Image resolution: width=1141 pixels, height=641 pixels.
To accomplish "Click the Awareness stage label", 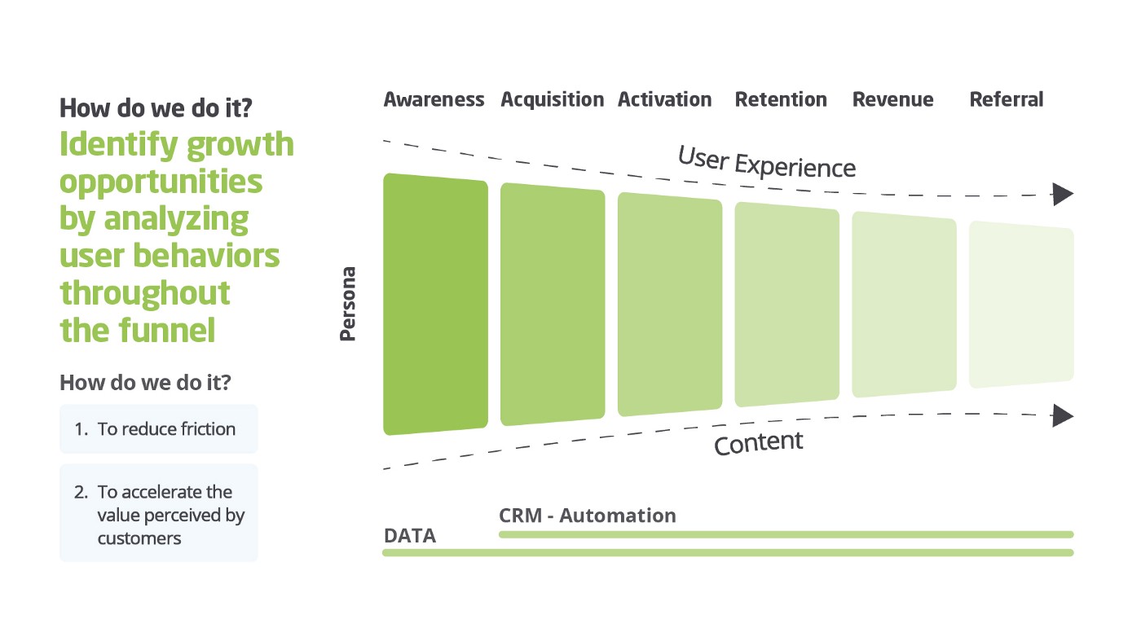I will pos(434,100).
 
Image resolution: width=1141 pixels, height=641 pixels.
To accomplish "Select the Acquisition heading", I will pos(552,100).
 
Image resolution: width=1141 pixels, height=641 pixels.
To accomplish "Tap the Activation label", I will pos(664,100).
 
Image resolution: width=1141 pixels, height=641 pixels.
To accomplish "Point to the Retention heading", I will pos(781,100).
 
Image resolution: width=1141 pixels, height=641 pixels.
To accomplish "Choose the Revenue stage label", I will pos(892,100).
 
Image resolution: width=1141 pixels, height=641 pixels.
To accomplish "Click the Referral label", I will pos(1006,100).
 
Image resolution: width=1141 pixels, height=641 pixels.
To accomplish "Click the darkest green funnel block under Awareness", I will pos(435,305).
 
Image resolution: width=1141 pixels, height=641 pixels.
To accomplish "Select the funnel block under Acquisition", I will pos(553,305).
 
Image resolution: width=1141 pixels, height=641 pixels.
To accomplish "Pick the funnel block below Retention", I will pos(786,305).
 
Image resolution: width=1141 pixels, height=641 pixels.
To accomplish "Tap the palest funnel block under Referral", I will pos(1021,305).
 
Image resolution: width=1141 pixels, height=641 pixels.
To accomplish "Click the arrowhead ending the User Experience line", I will pos(1063,195).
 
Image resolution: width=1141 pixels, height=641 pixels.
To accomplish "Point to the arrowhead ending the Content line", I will pos(1063,415).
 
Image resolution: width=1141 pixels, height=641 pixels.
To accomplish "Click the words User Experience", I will pos(767,162).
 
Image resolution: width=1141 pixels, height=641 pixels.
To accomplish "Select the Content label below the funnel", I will pos(758,443).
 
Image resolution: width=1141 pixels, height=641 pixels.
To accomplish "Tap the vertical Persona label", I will pos(348,304).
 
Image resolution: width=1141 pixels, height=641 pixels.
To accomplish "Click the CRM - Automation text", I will pos(587,516).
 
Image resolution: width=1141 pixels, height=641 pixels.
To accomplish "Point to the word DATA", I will pos(409,536).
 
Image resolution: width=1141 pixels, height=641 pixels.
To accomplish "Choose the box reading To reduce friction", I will pos(159,429).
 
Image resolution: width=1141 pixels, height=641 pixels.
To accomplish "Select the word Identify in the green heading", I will pos(118,144).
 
